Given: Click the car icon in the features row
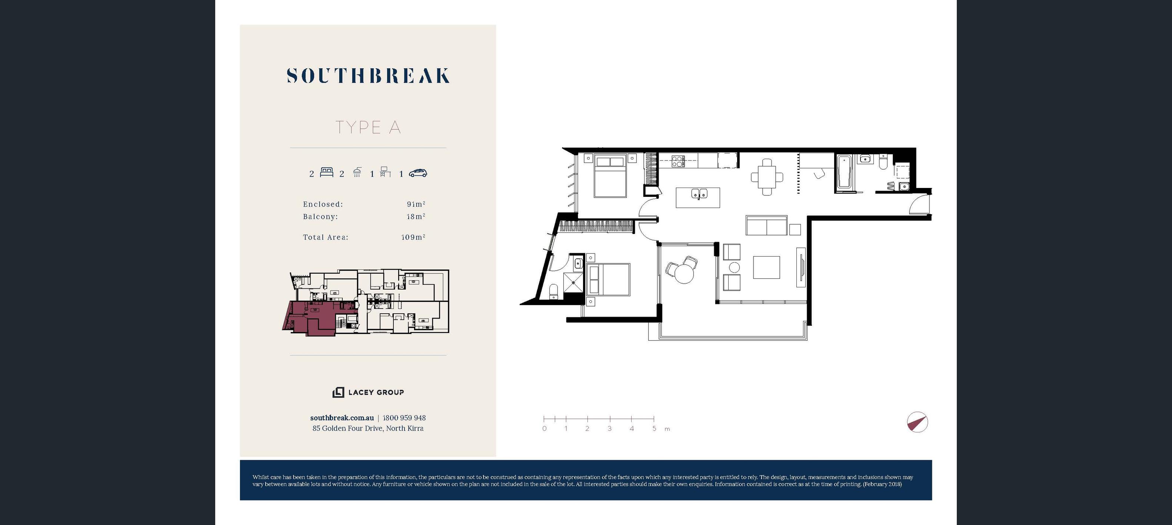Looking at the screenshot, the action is coord(418,173).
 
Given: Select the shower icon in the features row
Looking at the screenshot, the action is coord(357,172).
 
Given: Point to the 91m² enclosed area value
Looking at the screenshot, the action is coord(416,204).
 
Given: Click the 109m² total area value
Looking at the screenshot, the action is coord(413,237).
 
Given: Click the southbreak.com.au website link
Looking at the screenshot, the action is coord(342,417).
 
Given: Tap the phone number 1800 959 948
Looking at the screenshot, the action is coord(404,417).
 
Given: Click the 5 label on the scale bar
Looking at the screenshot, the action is coord(654,429).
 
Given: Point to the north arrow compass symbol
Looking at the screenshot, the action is coord(917,422).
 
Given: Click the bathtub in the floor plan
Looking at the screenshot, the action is coord(843,172).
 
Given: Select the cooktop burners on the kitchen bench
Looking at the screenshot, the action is coord(678,161).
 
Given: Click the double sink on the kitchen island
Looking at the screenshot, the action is coord(699,194).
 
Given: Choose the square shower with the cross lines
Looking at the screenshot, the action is coord(573,282).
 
